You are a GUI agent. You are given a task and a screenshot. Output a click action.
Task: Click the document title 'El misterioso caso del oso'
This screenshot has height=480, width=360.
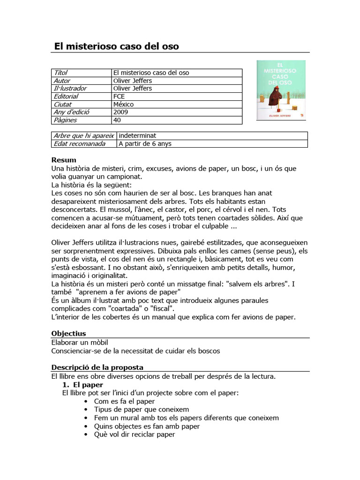click(117, 46)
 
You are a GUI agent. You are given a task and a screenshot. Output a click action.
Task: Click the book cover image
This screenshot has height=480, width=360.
click(281, 90)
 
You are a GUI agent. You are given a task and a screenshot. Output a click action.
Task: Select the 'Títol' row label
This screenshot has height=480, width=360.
click(61, 73)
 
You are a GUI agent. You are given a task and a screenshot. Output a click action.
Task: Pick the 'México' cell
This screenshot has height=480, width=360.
click(123, 105)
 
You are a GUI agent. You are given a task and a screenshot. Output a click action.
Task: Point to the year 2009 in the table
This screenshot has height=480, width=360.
click(121, 112)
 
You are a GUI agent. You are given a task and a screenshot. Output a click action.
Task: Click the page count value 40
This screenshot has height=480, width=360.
click(117, 120)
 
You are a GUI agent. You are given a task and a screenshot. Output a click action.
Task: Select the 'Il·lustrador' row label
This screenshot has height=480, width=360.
click(70, 89)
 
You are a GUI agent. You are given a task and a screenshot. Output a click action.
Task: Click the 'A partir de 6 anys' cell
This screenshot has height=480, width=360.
click(145, 144)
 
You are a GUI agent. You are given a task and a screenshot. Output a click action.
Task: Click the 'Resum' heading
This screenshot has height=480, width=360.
click(63, 160)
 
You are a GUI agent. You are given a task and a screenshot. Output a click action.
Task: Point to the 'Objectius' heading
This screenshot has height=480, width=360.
click(68, 334)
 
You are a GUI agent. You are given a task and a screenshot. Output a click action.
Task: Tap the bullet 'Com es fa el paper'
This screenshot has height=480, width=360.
click(124, 401)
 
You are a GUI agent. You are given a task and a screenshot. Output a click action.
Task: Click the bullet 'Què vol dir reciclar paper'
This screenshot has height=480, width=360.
click(135, 435)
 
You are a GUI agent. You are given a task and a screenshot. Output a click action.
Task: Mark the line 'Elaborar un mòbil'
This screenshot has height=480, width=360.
click(82, 342)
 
